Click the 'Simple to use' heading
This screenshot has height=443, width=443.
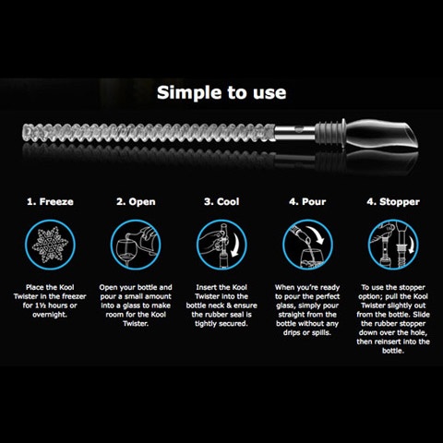[x=221, y=92]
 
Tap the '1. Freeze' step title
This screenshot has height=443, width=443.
[x=50, y=202]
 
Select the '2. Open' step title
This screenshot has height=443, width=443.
[x=136, y=202]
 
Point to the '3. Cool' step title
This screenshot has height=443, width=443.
[x=221, y=202]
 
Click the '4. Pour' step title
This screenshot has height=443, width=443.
[x=307, y=202]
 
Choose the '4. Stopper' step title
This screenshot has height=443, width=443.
[x=393, y=202]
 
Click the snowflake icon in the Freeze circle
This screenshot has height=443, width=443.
[x=50, y=245]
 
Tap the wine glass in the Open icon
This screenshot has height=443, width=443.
[x=126, y=252]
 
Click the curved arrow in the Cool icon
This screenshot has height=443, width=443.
[x=236, y=245]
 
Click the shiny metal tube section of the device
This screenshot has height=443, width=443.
[x=294, y=133]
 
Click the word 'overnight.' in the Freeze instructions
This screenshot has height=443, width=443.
[x=50, y=315]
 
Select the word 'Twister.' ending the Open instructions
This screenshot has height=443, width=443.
[x=136, y=324]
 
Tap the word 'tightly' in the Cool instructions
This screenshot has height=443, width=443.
[x=206, y=324]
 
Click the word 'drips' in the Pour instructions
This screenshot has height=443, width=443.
[x=293, y=333]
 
